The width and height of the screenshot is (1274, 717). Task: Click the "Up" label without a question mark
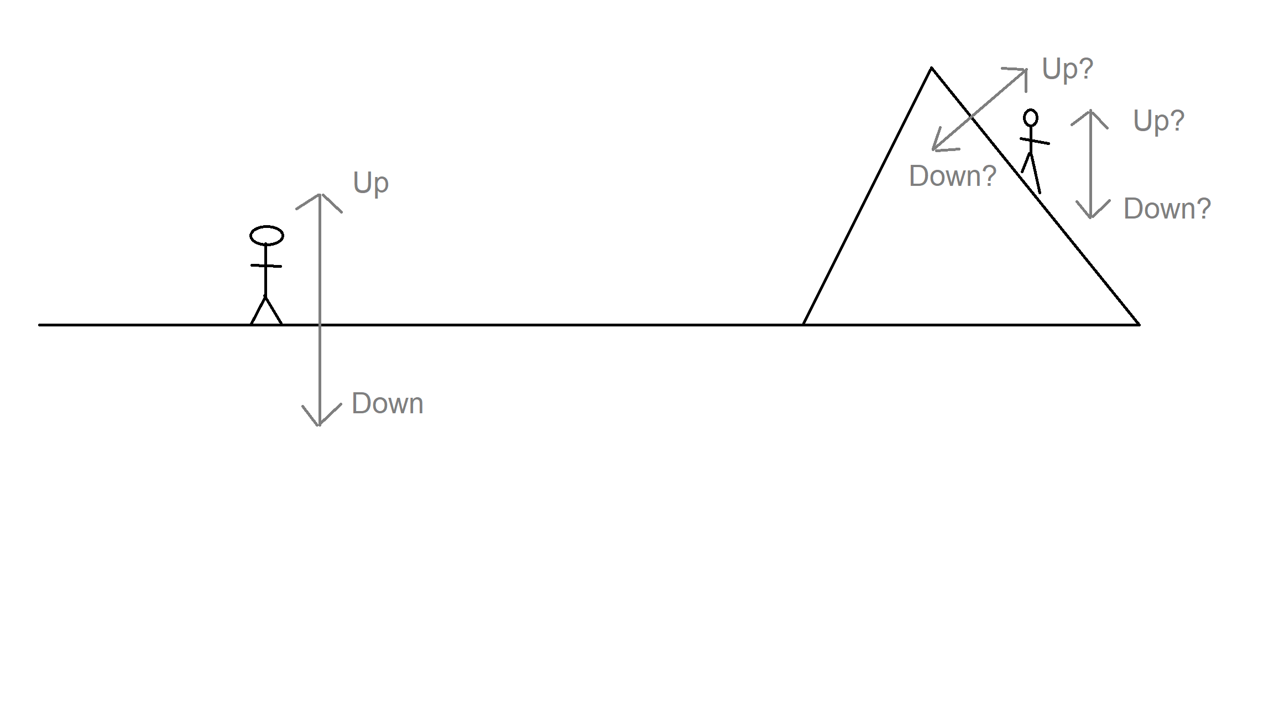point(371,183)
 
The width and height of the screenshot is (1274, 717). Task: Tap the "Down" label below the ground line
point(388,403)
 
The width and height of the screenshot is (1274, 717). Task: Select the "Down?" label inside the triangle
point(953,176)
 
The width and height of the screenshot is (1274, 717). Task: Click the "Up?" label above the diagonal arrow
point(1068,70)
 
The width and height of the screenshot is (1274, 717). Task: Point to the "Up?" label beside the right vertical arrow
point(1159,121)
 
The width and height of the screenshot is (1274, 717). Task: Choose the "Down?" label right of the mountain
point(1167,209)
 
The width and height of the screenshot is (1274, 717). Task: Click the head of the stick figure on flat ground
point(267,236)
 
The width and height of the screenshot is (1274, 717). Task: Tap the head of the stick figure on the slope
point(1031,118)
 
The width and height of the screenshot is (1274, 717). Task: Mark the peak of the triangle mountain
point(932,67)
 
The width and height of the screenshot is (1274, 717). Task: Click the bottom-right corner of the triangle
point(1139,325)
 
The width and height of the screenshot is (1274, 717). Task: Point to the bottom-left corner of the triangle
point(803,325)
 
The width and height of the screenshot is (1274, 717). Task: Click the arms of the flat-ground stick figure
point(266,266)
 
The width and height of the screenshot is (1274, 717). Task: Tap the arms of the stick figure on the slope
point(1035,141)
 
